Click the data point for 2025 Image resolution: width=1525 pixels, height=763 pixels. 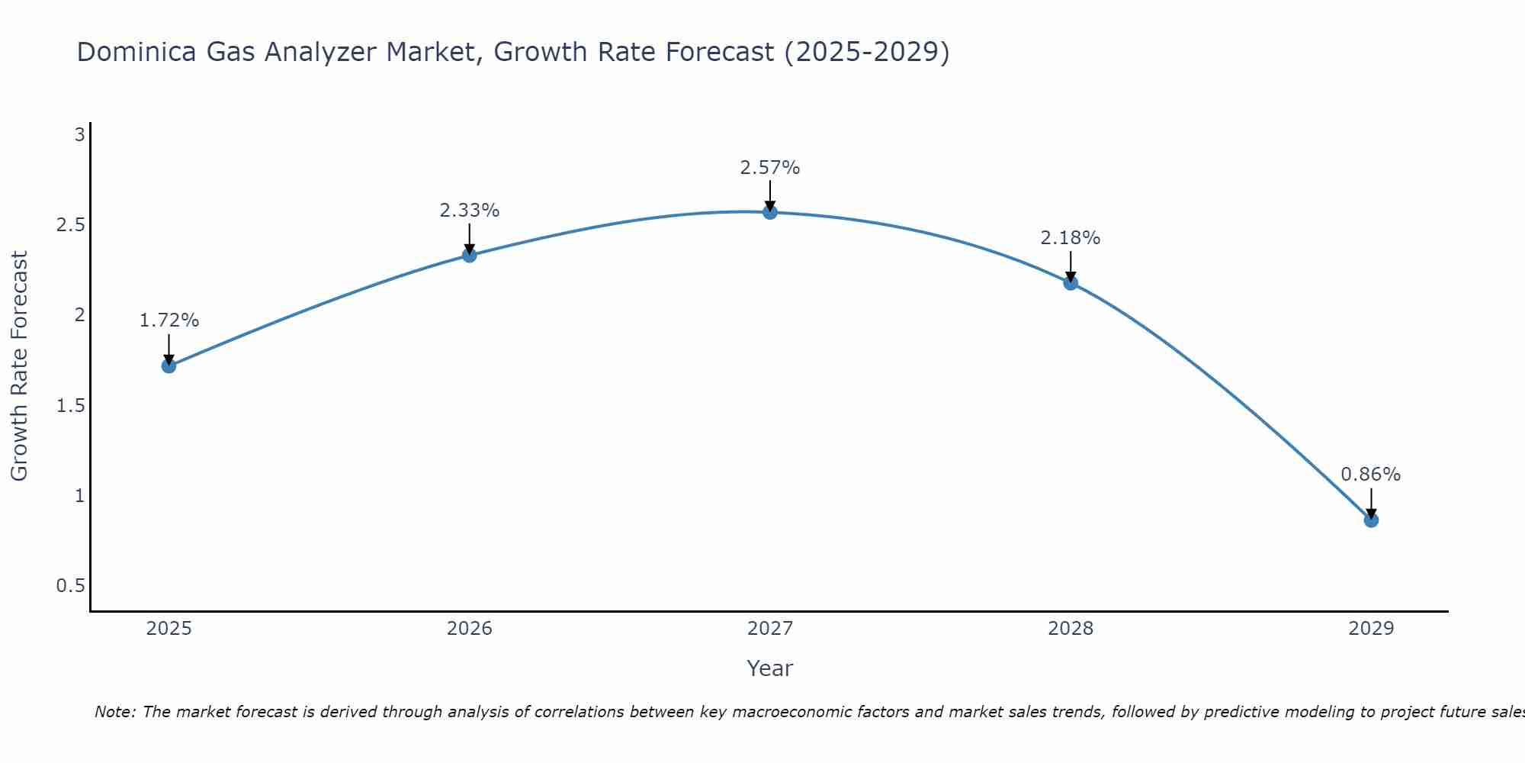tap(169, 365)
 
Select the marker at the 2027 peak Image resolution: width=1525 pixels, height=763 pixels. tap(770, 212)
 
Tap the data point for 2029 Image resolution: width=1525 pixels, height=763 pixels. tap(1371, 520)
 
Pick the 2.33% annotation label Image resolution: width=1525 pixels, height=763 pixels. tap(470, 211)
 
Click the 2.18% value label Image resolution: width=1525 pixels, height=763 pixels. tap(1071, 238)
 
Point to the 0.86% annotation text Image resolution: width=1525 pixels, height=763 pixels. tap(1371, 475)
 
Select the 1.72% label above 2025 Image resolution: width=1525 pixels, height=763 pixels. tap(169, 320)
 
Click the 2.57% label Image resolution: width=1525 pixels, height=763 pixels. tap(770, 168)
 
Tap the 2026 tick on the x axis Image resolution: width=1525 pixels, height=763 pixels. tap(470, 629)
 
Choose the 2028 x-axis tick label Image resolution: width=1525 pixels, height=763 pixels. tap(1071, 629)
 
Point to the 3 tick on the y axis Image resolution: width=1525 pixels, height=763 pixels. tap(79, 135)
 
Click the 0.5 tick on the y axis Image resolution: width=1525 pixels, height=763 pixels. tap(71, 586)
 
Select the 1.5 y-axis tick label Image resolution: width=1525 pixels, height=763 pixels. tap(71, 406)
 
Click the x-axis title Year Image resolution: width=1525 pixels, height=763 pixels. tap(770, 668)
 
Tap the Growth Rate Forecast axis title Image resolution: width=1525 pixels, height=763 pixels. tap(19, 366)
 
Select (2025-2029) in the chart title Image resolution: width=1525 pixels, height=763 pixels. tap(867, 52)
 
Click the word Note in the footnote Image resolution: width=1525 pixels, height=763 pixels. tap(114, 712)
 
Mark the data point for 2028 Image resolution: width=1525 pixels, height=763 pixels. tap(1071, 283)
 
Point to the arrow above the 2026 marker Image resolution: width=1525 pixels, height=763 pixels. tap(470, 239)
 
